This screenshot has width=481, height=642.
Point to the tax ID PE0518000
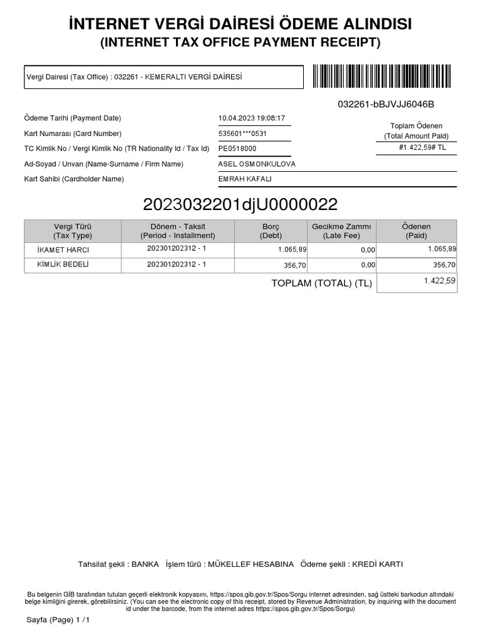pos(237,149)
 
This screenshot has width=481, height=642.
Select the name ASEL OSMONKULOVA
pos(257,164)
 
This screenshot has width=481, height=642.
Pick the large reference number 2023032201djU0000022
pos(240,204)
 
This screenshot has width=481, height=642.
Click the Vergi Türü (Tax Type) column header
pos(73,231)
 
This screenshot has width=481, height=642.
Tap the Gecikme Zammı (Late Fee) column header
pos(341,231)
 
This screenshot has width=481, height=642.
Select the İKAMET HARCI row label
pos(64,250)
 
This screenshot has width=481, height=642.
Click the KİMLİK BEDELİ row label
pos(63,265)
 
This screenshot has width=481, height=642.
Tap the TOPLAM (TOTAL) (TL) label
pos(321,283)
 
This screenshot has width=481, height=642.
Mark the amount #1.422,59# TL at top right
pos(421,148)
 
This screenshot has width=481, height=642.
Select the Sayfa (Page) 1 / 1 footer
pos(54,620)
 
